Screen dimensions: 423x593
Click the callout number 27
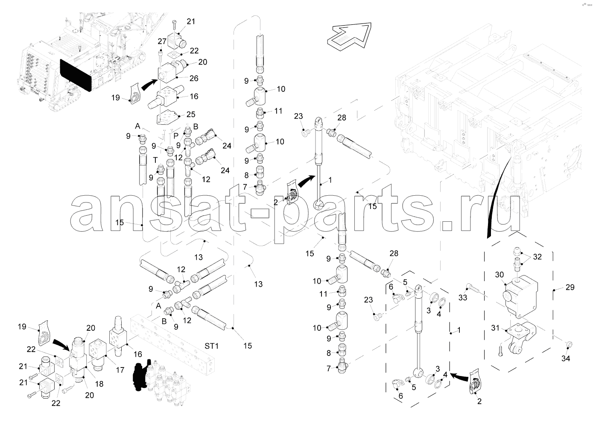point(162,41)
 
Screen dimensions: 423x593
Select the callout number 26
point(194,79)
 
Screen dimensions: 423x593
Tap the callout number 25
point(190,115)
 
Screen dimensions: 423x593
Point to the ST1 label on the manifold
point(211,346)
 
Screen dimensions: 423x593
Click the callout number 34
point(565,358)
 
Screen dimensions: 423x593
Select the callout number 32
point(537,257)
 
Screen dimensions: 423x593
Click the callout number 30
point(499,274)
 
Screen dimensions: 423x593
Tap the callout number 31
point(495,328)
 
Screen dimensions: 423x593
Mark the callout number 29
point(570,288)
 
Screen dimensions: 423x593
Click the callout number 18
point(99,384)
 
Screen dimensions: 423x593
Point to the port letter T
point(155,159)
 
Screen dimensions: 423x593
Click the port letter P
point(176,136)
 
